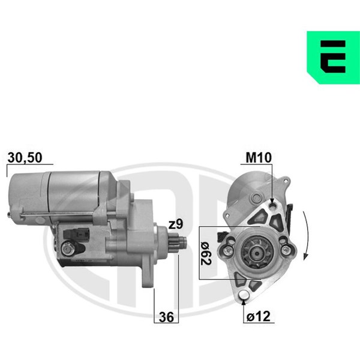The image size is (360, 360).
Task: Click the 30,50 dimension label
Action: point(25,157)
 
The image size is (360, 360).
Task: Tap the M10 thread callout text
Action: point(259,157)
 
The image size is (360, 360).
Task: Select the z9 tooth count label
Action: point(176,224)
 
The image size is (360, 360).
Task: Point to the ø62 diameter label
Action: point(206,253)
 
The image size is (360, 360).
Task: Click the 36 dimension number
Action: point(166,317)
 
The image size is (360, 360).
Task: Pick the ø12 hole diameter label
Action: point(259,316)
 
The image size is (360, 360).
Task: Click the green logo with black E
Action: point(334,58)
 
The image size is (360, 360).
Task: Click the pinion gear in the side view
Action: point(177,242)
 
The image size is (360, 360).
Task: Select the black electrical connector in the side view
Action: point(76,234)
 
